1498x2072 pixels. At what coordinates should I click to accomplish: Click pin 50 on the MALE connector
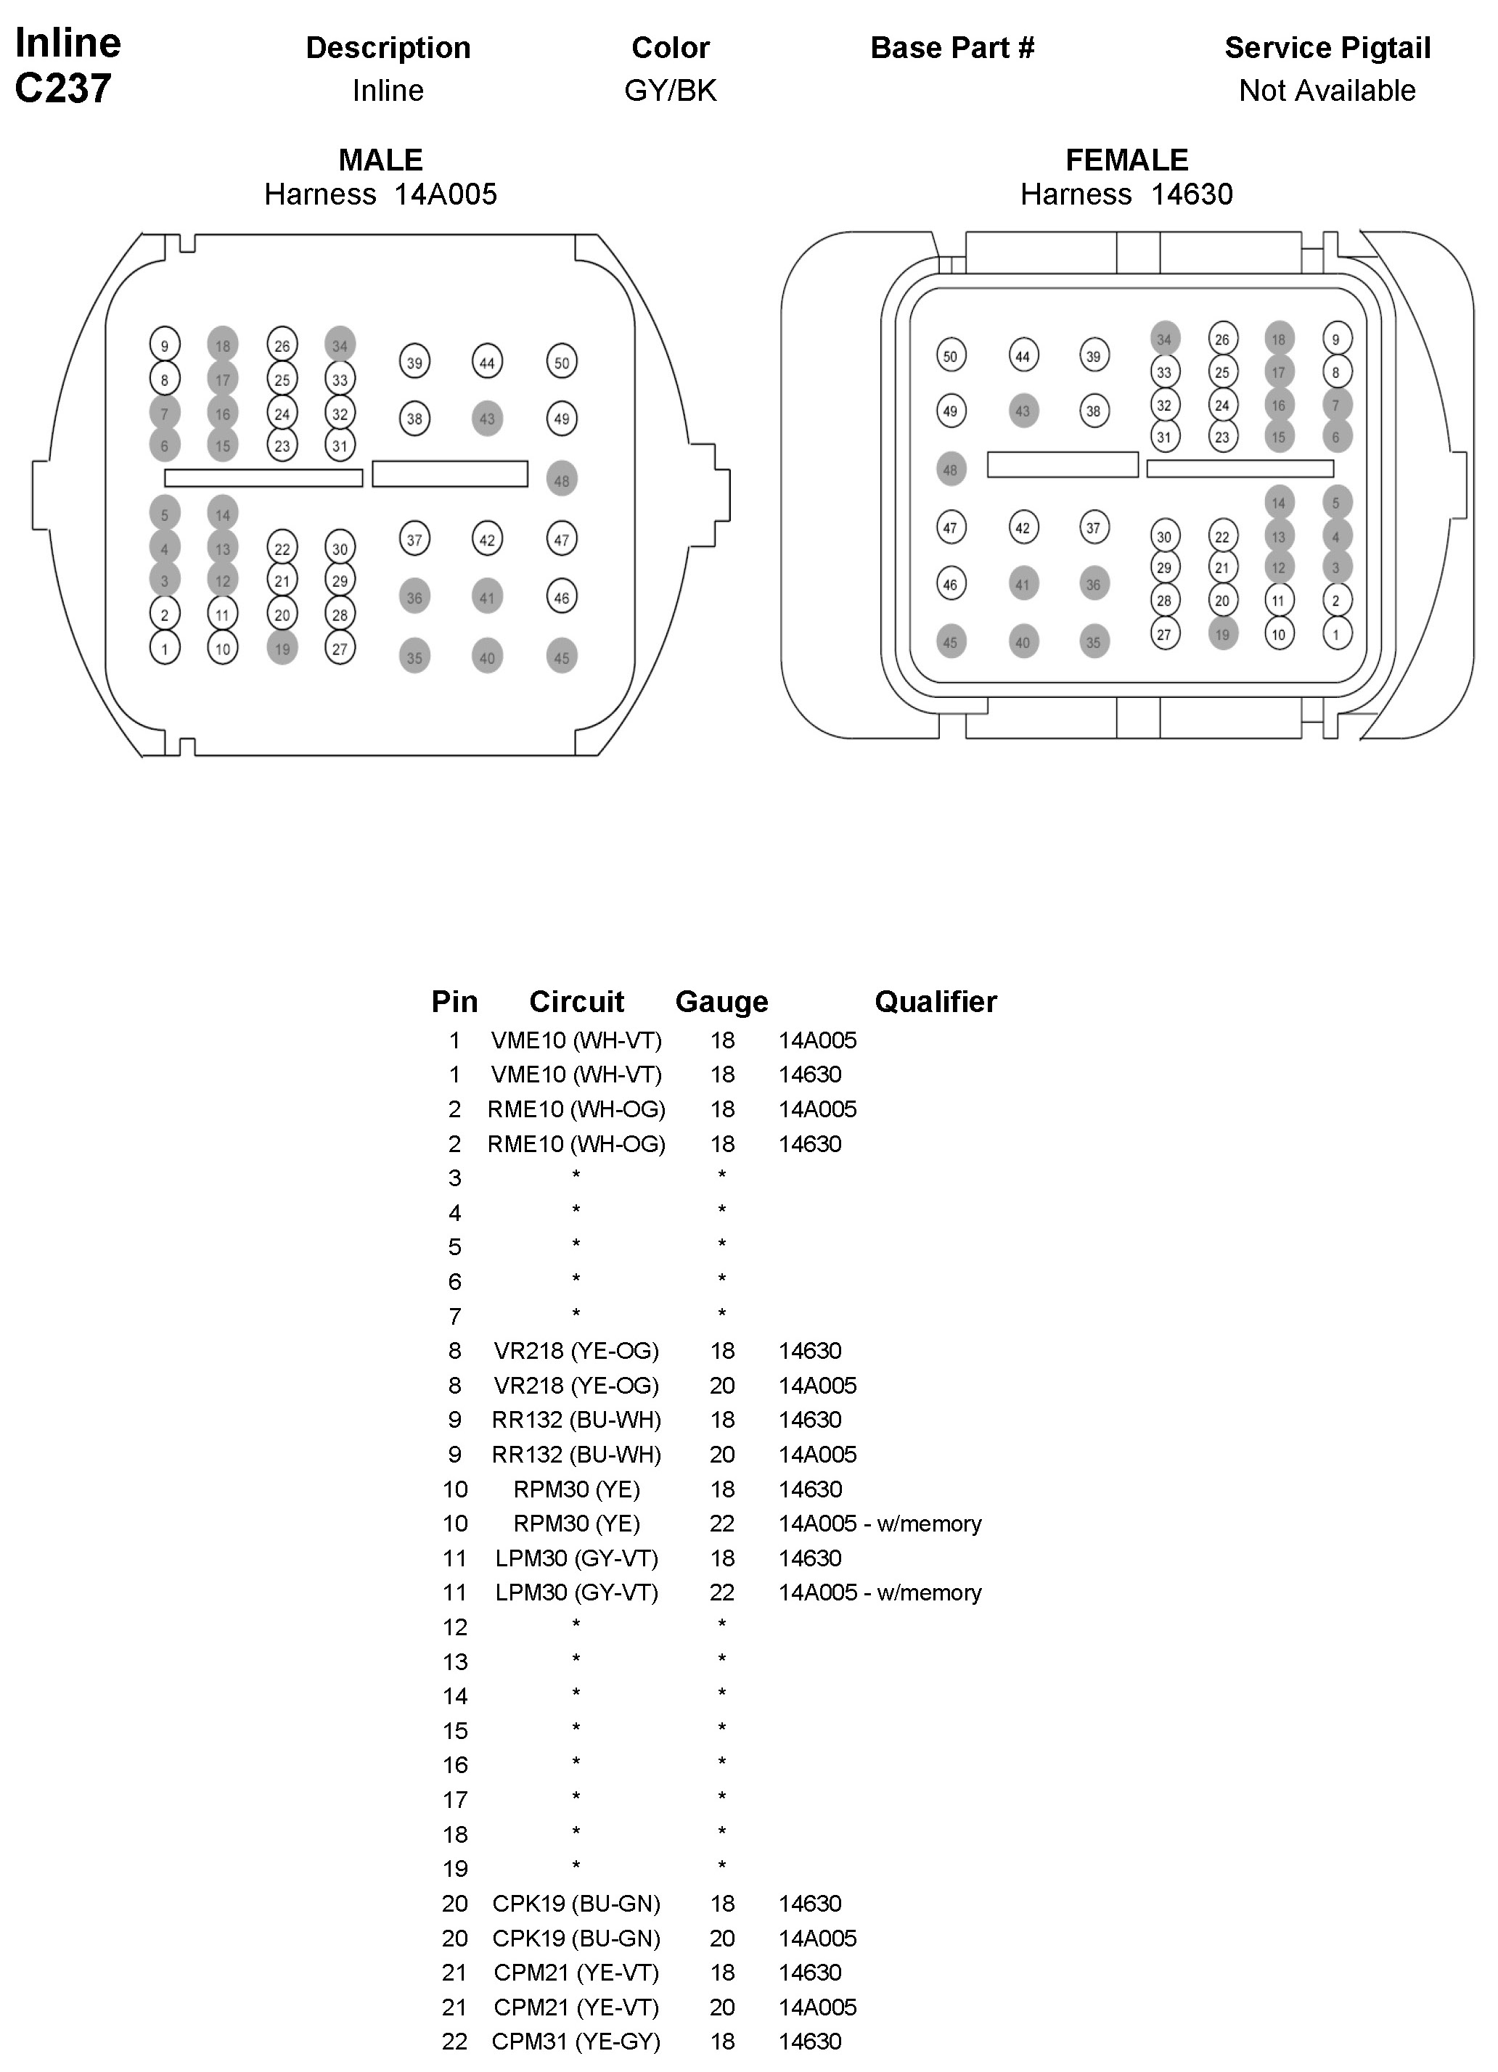[561, 363]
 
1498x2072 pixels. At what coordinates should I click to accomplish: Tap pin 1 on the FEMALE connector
[1336, 634]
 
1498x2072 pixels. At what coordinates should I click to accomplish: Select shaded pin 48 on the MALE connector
[561, 480]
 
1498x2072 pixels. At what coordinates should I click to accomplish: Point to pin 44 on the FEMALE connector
[1022, 356]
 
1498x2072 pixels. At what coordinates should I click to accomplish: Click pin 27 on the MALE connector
[340, 649]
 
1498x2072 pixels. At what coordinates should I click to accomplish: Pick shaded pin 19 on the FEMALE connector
[1222, 634]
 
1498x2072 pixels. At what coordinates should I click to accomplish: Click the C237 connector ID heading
[63, 89]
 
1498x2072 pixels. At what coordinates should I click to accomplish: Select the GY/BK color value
[670, 91]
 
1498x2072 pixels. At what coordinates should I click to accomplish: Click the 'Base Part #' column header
[951, 47]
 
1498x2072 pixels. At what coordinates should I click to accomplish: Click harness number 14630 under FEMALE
[1191, 194]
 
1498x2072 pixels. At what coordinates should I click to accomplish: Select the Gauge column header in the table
[721, 1001]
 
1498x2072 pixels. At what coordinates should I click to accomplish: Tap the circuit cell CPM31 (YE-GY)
[576, 2041]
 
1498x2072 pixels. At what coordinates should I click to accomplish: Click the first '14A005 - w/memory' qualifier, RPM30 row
[879, 1523]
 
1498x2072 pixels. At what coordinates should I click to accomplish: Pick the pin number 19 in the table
[454, 1868]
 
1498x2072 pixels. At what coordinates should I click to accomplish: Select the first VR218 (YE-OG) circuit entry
[576, 1350]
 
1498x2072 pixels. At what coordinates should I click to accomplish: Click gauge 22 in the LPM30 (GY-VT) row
[721, 1592]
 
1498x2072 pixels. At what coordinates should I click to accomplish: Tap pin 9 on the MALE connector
[165, 345]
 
